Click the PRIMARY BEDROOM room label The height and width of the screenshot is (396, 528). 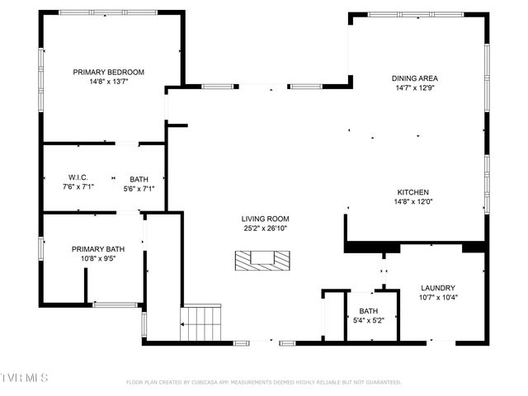(x=108, y=72)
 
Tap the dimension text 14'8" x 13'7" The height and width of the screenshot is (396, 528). (x=108, y=82)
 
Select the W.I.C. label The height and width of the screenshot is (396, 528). (x=78, y=177)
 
